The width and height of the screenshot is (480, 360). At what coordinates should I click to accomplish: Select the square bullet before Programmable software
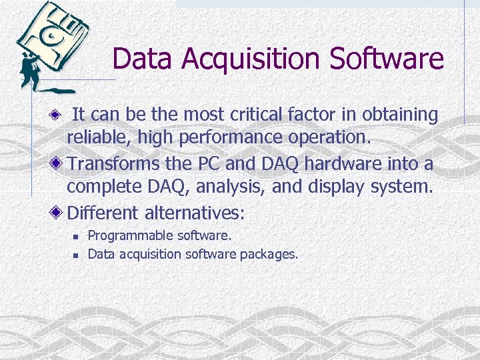coord(76,236)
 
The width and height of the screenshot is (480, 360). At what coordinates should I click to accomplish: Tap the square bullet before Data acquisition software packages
coord(76,254)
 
